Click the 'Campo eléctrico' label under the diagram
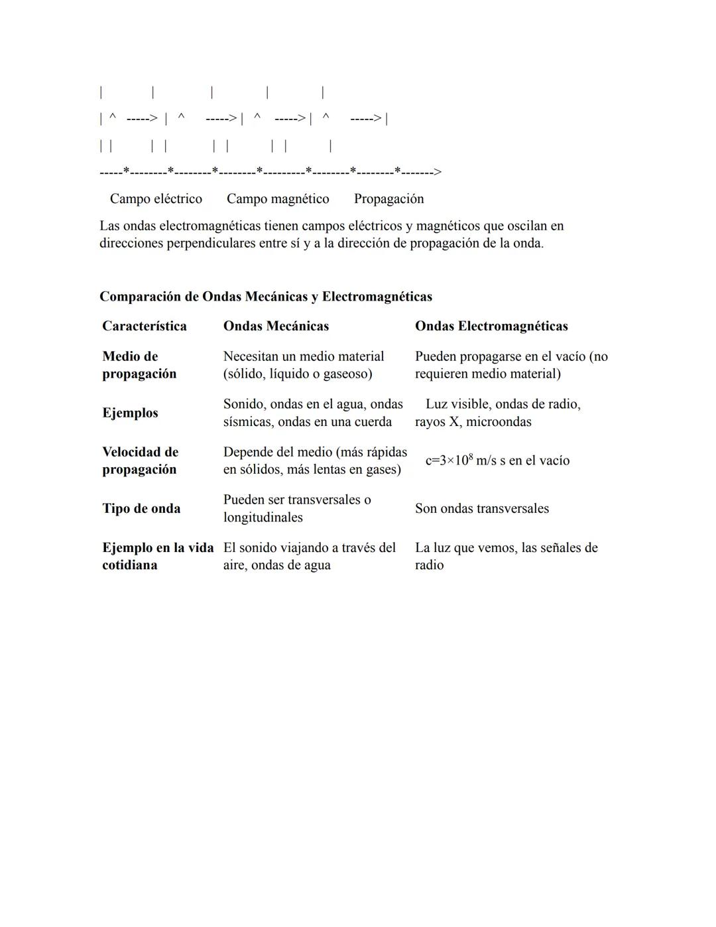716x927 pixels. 156,198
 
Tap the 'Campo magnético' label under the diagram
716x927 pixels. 278,198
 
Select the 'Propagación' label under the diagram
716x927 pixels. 388,198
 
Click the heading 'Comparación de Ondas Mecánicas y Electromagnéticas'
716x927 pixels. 266,297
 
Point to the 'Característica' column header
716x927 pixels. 145,326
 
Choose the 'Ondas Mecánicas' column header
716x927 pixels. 276,326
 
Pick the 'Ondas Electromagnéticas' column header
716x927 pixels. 491,326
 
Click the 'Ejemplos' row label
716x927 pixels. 130,413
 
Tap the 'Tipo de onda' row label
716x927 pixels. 141,508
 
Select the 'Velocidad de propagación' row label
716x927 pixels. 140,461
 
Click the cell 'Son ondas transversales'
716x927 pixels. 482,508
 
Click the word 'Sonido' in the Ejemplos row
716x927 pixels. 243,404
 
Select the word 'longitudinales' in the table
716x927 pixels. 263,517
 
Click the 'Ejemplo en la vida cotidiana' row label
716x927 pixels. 158,556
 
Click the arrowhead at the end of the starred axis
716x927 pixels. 437,172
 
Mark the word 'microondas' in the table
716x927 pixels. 499,421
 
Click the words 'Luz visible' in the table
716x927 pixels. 456,404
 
